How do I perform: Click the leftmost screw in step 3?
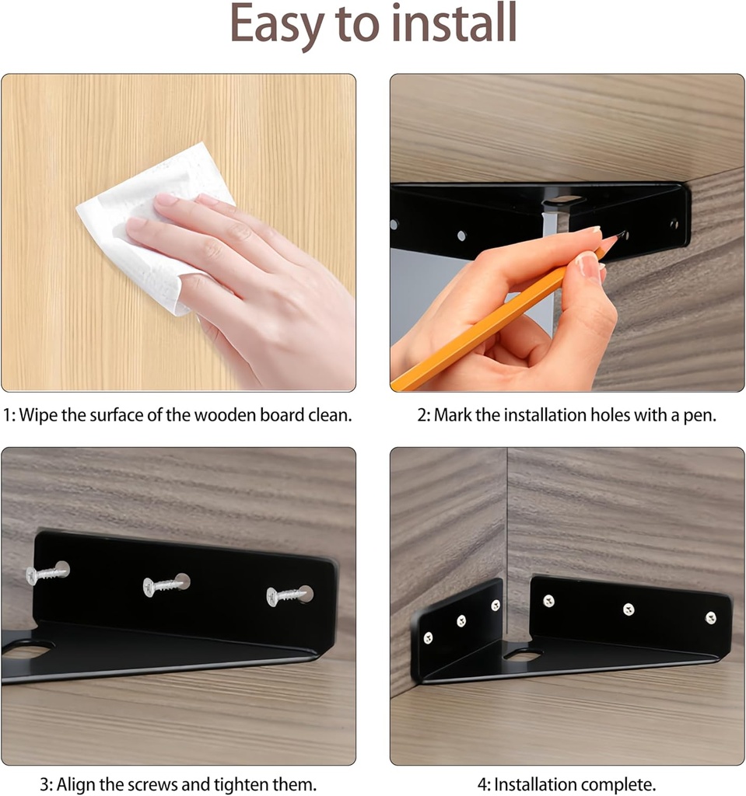(47, 574)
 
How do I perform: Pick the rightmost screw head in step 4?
(710, 618)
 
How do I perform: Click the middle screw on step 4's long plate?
(628, 609)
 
